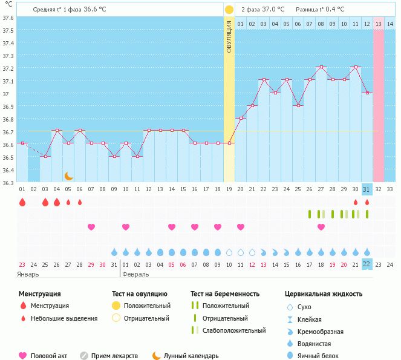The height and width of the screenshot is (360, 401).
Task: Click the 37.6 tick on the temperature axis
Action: [x=8, y=18]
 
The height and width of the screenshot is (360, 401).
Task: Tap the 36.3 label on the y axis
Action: [x=8, y=183]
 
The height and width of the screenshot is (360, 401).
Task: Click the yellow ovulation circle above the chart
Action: [x=229, y=10]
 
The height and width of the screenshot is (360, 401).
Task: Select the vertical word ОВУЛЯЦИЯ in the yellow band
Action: [x=229, y=36]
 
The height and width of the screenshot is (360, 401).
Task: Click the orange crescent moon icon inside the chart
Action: [x=69, y=176]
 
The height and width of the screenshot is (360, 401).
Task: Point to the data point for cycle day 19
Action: [x=229, y=143]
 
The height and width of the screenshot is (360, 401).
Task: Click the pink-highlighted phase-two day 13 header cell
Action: [x=378, y=24]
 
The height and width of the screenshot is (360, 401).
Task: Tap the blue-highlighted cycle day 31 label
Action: [x=366, y=189]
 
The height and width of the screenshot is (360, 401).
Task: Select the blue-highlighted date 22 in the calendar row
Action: [x=366, y=264]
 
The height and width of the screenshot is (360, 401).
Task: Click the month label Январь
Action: [x=28, y=274]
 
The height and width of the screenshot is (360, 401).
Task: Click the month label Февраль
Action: [x=135, y=274]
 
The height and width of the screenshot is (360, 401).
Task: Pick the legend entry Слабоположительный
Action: [x=234, y=330]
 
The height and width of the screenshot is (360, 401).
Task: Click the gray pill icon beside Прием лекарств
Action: [x=84, y=356]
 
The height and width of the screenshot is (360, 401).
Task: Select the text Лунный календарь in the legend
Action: [x=191, y=356]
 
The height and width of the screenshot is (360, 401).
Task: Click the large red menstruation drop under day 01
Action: [x=22, y=202]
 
